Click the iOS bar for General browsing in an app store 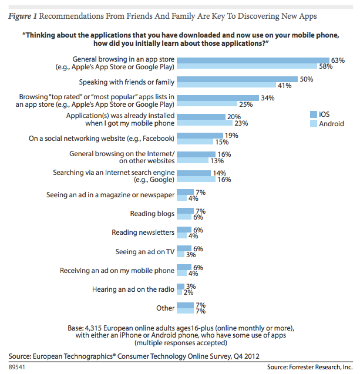253,60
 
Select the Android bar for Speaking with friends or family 226,86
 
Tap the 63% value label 337,60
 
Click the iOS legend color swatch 313,113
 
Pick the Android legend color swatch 313,124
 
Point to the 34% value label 268,98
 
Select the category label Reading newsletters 143,233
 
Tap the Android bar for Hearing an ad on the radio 179,292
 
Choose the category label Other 166,308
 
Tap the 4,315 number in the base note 98,326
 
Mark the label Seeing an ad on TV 145,251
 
